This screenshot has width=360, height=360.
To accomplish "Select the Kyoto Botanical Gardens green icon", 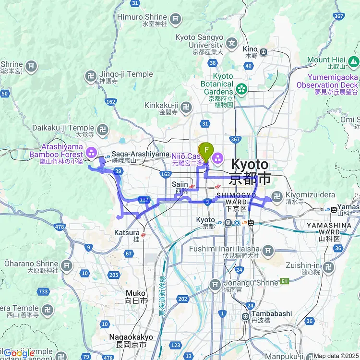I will [x=241, y=88].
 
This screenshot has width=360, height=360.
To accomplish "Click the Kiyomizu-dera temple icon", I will [x=276, y=196].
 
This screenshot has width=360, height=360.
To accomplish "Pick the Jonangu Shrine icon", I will [x=215, y=286].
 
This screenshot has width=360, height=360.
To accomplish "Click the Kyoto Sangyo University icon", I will [x=232, y=43].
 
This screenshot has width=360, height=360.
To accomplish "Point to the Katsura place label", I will [x=127, y=232].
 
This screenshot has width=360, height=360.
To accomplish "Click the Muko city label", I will [x=135, y=293].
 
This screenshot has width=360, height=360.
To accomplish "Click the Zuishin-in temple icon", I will [x=328, y=267].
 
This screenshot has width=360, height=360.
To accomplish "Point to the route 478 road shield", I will [x=60, y=227].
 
